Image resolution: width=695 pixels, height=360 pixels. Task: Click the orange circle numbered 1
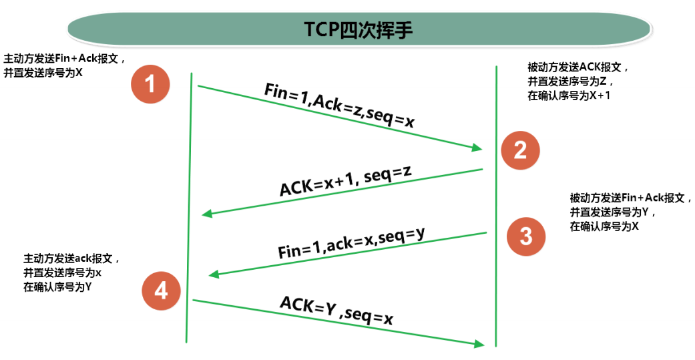click(x=150, y=84)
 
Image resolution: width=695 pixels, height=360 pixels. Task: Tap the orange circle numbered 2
click(x=519, y=150)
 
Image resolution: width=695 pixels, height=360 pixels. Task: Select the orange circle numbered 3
click(x=525, y=236)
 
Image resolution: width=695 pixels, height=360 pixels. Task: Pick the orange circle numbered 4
click(x=161, y=291)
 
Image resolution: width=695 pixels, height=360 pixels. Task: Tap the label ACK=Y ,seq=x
click(x=336, y=311)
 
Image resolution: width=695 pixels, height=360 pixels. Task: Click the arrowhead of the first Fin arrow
click(x=478, y=148)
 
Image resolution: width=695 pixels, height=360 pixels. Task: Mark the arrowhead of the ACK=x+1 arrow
click(x=206, y=214)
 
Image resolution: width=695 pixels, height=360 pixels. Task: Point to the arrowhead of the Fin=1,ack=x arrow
click(x=214, y=274)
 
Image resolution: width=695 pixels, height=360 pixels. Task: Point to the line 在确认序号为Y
click(x=57, y=287)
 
